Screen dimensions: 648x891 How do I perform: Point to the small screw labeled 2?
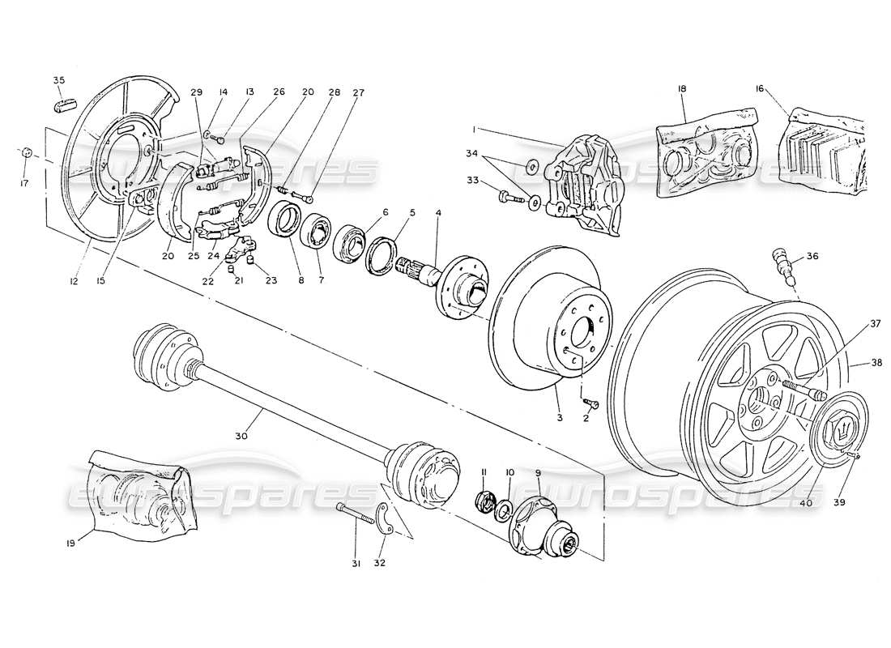(x=589, y=401)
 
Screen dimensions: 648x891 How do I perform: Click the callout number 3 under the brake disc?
(x=558, y=417)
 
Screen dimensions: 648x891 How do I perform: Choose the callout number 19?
(x=71, y=544)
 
